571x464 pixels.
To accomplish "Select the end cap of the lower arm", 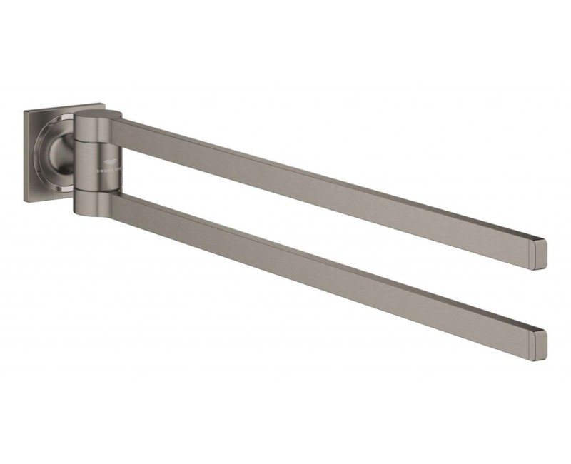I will pyautogui.click(x=539, y=344).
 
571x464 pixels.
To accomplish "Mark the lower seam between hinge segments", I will pyautogui.click(x=93, y=191).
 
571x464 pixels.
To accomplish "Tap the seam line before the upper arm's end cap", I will pyautogui.click(x=530, y=250).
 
